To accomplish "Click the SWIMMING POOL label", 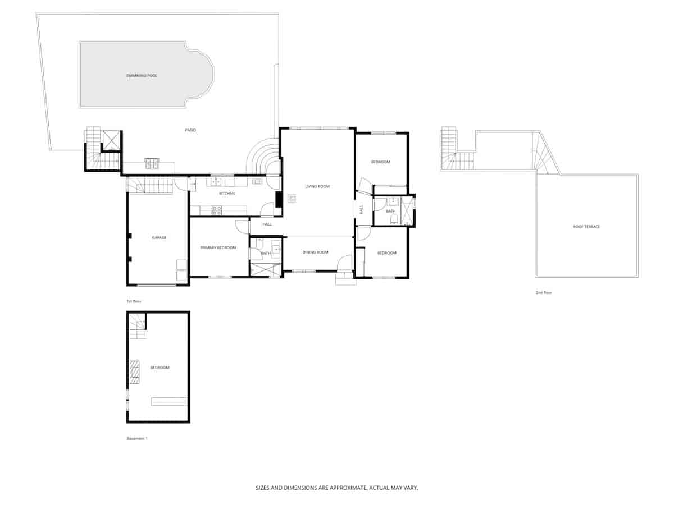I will pos(142,75).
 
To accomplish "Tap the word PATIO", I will pos(190,130).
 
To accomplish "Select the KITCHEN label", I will pos(227,194).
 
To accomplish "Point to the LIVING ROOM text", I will pos(317,186).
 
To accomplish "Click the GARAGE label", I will pos(159,237).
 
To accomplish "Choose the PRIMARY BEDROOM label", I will pos(218,247).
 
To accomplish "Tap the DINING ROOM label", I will pos(315,252).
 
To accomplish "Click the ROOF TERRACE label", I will pos(586,227).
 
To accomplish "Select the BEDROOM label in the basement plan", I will pos(160,368).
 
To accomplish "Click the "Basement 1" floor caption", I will pos(136,438).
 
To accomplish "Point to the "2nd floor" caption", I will pos(544,292).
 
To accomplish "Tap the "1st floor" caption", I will pos(133,301).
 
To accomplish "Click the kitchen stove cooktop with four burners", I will pos(217,211).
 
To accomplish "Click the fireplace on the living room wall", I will pos(278,199).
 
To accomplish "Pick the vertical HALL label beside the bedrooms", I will pos(362,210).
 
